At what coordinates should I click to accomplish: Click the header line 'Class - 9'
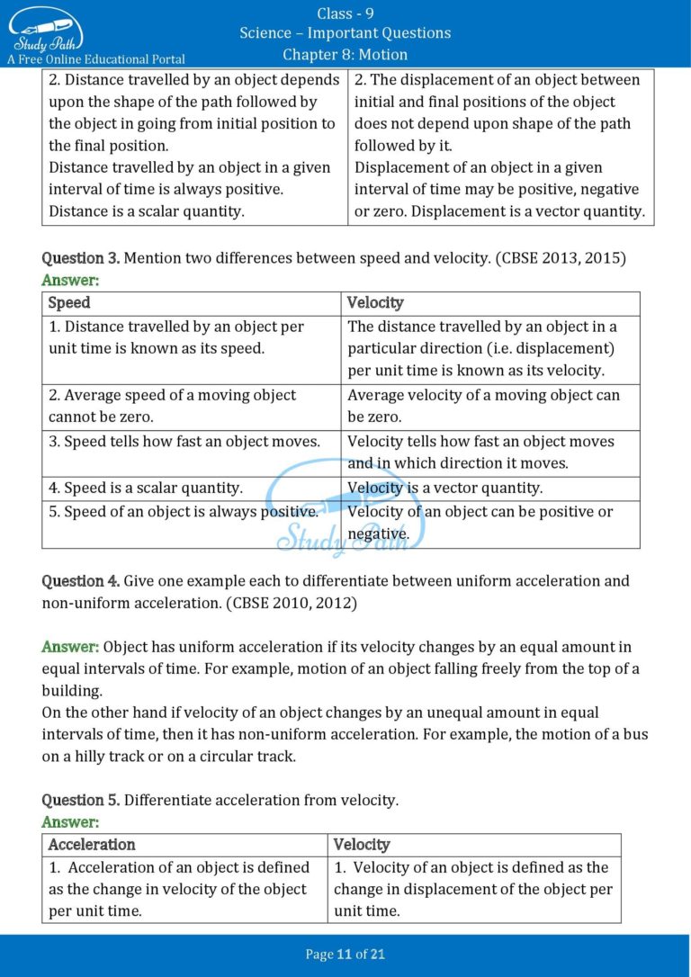pyautogui.click(x=345, y=13)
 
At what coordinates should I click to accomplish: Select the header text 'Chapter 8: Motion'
pyautogui.click(x=345, y=55)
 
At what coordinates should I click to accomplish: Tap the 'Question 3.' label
pyautogui.click(x=80, y=258)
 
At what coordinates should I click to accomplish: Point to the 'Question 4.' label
pyautogui.click(x=80, y=581)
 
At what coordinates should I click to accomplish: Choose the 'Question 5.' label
pyautogui.click(x=80, y=800)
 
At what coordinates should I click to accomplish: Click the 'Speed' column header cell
pyautogui.click(x=69, y=303)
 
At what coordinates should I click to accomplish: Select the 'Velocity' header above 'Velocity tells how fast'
pyautogui.click(x=375, y=303)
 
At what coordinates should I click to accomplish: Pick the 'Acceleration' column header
pyautogui.click(x=92, y=845)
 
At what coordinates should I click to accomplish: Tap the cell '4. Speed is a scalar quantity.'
pyautogui.click(x=146, y=488)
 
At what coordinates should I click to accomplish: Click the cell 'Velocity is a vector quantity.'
pyautogui.click(x=444, y=488)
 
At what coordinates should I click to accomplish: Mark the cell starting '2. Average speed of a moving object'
pyautogui.click(x=172, y=406)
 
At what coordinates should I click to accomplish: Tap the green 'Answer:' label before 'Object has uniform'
pyautogui.click(x=70, y=647)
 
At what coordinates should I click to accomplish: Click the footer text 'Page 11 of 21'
pyautogui.click(x=345, y=955)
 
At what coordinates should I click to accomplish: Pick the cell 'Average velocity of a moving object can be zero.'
pyautogui.click(x=483, y=406)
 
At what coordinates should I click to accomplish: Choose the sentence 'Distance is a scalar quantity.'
pyautogui.click(x=146, y=211)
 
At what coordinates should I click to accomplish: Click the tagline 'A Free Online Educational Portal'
pyautogui.click(x=96, y=59)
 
